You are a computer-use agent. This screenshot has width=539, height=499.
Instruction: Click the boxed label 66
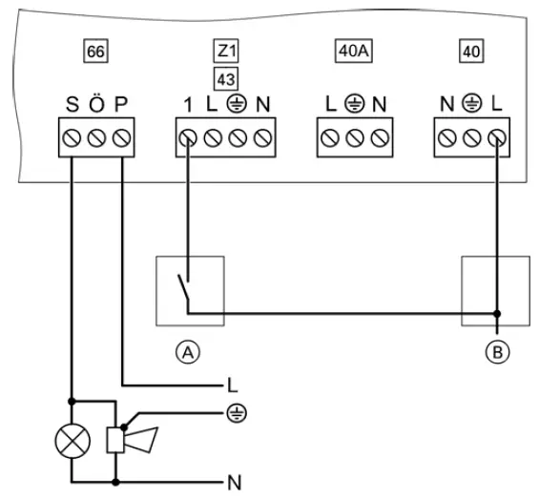(96, 53)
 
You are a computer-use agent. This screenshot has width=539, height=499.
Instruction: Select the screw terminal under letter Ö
(96, 138)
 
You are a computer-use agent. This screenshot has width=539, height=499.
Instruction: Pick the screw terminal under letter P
(120, 138)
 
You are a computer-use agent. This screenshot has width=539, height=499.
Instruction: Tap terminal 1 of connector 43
(189, 138)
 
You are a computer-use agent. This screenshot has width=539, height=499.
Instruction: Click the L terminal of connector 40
(496, 138)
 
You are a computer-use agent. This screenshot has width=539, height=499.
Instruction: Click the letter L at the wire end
(231, 387)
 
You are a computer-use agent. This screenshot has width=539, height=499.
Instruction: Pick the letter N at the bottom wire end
(231, 482)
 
